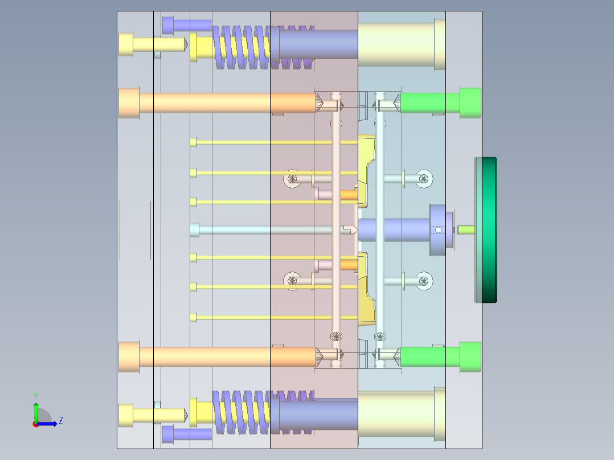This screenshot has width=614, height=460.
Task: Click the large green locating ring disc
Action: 486,230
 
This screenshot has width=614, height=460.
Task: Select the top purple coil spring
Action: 263,47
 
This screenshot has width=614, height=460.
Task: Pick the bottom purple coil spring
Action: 263,413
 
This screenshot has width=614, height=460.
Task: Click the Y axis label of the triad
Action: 36,396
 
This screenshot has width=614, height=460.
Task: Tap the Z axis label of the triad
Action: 61,421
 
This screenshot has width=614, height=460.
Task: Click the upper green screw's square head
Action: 470,103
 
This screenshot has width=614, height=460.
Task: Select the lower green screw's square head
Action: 470,356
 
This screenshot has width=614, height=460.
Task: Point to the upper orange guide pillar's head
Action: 129,103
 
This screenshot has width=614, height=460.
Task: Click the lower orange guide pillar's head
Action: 129,356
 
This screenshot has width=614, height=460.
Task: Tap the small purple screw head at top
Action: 168,25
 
